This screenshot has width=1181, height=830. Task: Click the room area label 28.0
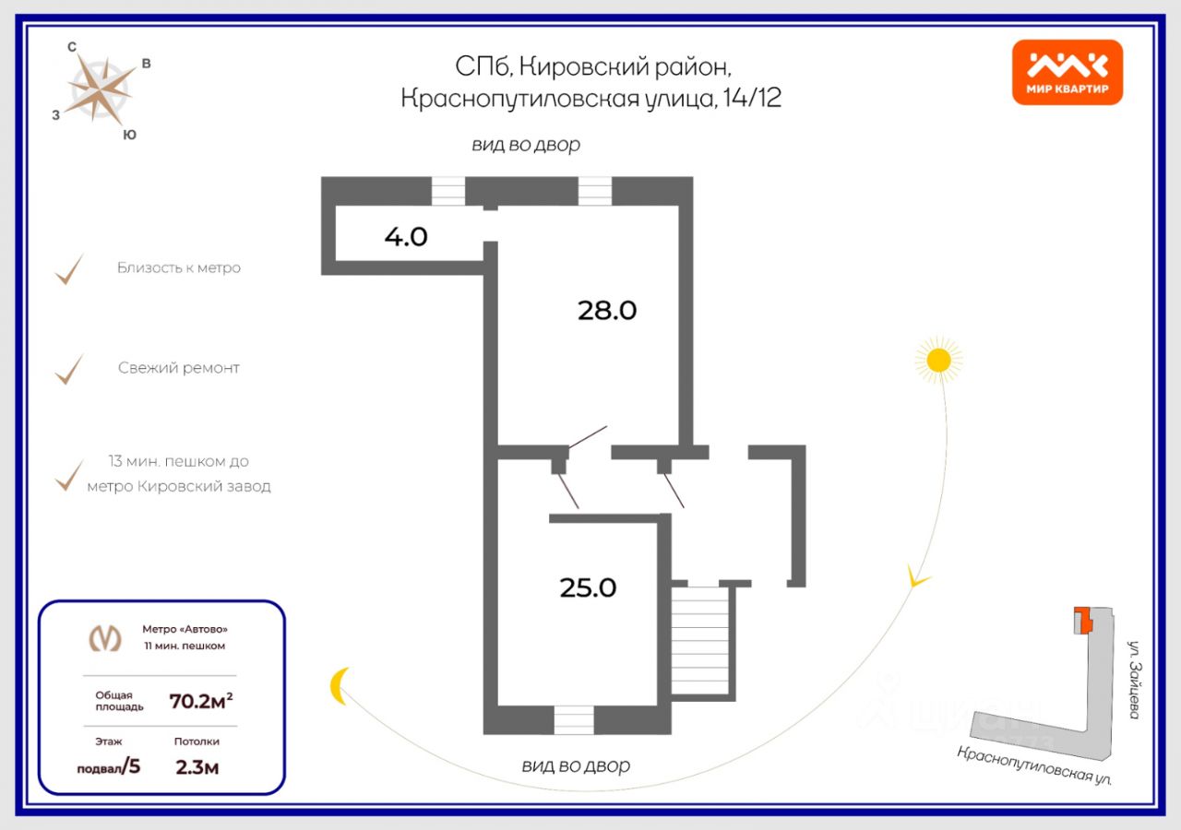point(607,311)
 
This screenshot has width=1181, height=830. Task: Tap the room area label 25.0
point(588,587)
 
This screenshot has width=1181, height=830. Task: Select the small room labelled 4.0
point(406,237)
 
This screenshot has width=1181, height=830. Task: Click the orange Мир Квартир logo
point(1067,72)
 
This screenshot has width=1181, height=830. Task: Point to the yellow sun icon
point(938,360)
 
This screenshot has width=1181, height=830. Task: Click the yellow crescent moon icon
point(340,686)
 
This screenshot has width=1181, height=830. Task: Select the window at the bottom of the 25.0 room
point(574,719)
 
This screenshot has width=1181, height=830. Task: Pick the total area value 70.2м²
point(200,700)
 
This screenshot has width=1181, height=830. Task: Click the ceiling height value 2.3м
point(197,766)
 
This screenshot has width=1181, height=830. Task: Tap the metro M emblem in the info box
point(104,637)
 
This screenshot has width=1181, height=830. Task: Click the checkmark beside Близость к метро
point(69,269)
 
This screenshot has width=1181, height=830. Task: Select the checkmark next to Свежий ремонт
point(69,369)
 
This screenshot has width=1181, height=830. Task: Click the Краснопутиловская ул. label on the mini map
point(1034,765)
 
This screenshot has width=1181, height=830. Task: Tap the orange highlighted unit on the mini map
point(1082,621)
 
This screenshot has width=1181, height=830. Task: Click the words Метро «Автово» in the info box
point(185,629)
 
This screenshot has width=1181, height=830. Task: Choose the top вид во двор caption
point(526,145)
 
